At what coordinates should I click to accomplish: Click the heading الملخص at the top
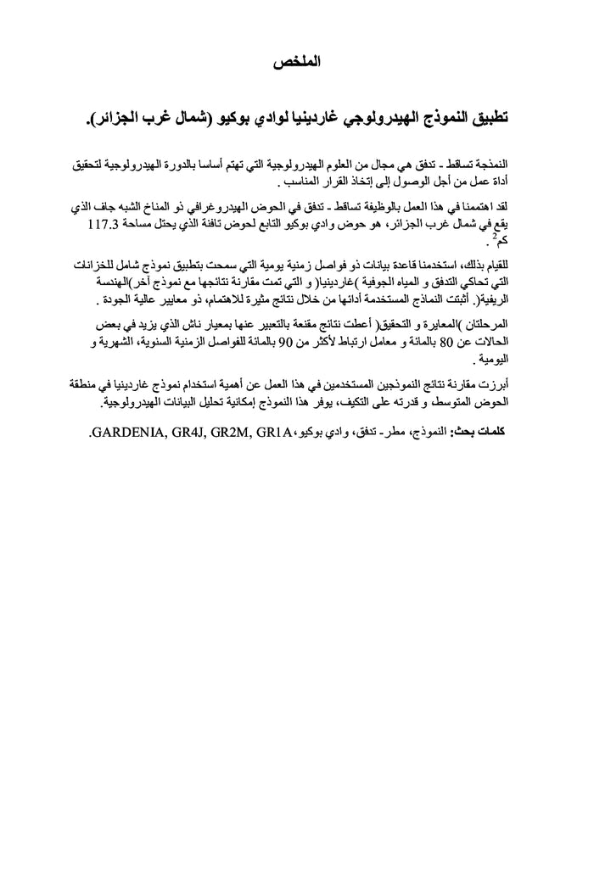tap(299, 61)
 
